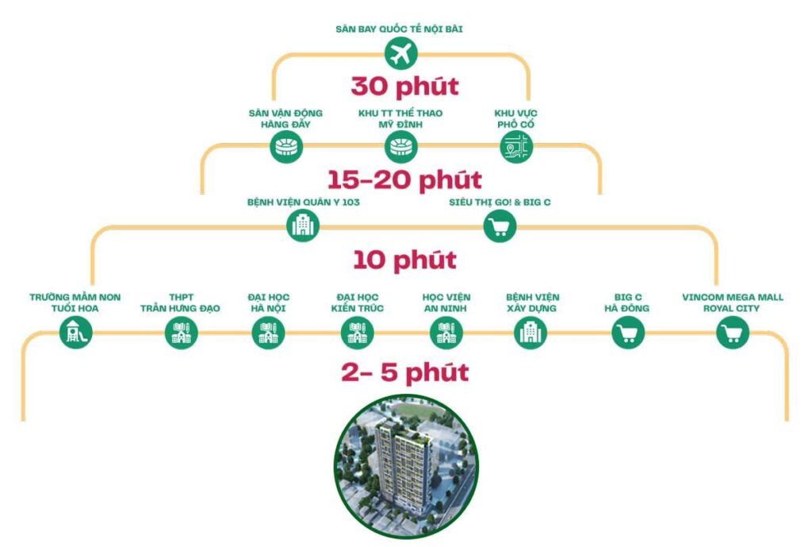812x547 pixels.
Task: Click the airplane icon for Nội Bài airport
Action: coord(400,54)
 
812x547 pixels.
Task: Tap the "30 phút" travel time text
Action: coord(404,86)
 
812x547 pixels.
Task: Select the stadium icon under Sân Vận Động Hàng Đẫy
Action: coord(285,147)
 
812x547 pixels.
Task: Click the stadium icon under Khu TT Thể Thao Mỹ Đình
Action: coord(400,147)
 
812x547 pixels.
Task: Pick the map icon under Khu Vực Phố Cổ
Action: coord(516,147)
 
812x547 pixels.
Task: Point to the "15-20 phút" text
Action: coord(404,179)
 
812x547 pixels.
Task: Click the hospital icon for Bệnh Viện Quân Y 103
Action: coord(303,226)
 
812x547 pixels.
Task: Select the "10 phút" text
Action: coord(404,260)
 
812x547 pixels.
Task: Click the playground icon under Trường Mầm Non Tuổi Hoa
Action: coord(76,333)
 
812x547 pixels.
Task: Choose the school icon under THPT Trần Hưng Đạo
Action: coord(181,333)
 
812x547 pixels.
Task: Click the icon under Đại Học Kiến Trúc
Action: coord(357,333)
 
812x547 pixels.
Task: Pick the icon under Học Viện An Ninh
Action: coord(446,333)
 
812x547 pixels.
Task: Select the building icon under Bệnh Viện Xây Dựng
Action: coord(530,333)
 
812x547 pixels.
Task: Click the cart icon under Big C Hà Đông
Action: coord(628,333)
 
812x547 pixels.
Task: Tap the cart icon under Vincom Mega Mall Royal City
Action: coord(732,333)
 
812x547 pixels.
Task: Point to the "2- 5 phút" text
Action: coord(404,372)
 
